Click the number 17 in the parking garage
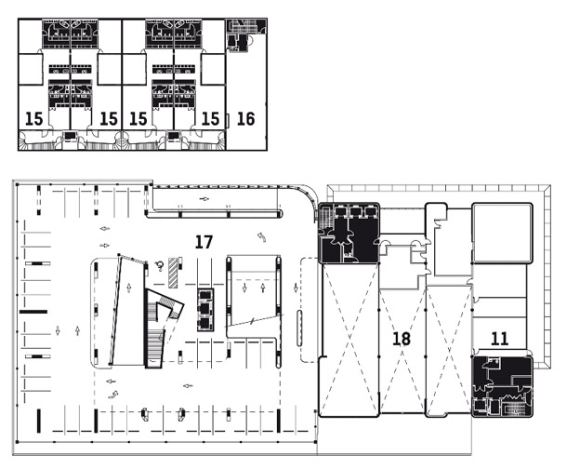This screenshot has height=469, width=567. [204, 242]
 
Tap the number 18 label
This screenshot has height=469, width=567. [402, 339]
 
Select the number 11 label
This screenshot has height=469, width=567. [500, 339]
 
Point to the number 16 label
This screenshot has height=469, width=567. [246, 119]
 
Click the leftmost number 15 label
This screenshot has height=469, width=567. [34, 119]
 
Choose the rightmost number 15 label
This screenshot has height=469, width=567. [210, 119]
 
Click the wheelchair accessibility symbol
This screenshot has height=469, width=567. [159, 266]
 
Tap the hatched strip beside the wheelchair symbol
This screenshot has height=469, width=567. [173, 272]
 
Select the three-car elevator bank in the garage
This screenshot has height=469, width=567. [205, 310]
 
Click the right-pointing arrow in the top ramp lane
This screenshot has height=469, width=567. [204, 199]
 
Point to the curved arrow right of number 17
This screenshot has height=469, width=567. [262, 237]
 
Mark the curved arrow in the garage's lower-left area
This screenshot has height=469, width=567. [113, 395]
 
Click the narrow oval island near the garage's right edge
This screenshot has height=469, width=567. [299, 328]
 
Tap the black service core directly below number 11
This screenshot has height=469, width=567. [502, 386]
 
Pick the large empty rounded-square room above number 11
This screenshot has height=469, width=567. [502, 233]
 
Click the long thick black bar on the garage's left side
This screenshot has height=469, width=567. [33, 312]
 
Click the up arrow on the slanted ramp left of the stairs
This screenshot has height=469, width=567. [129, 288]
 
